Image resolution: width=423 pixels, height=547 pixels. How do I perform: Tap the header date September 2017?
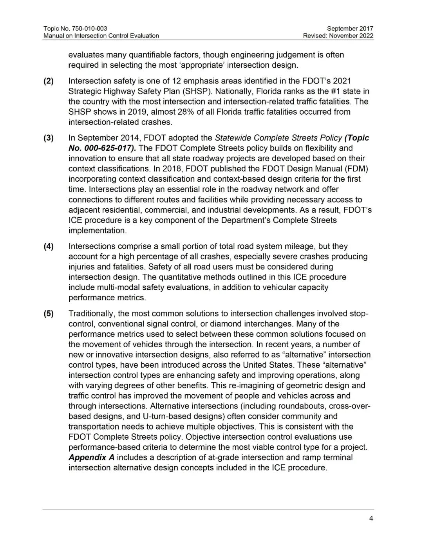coord(350,29)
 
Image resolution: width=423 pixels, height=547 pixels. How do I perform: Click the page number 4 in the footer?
coord(371,518)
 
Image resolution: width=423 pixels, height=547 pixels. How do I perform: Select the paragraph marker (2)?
coord(48,81)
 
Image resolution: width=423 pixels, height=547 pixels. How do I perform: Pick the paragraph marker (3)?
coord(48,138)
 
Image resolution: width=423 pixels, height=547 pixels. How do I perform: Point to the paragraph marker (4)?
coord(48,246)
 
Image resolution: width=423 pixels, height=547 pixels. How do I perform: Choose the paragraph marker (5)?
coord(48,314)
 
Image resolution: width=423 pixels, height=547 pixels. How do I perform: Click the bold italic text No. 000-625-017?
coord(102,148)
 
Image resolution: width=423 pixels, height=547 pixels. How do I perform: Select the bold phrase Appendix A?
coord(91,457)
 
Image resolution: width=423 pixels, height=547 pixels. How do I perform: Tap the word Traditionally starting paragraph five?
coord(91,314)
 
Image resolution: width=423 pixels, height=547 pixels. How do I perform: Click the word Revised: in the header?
coord(315,36)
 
